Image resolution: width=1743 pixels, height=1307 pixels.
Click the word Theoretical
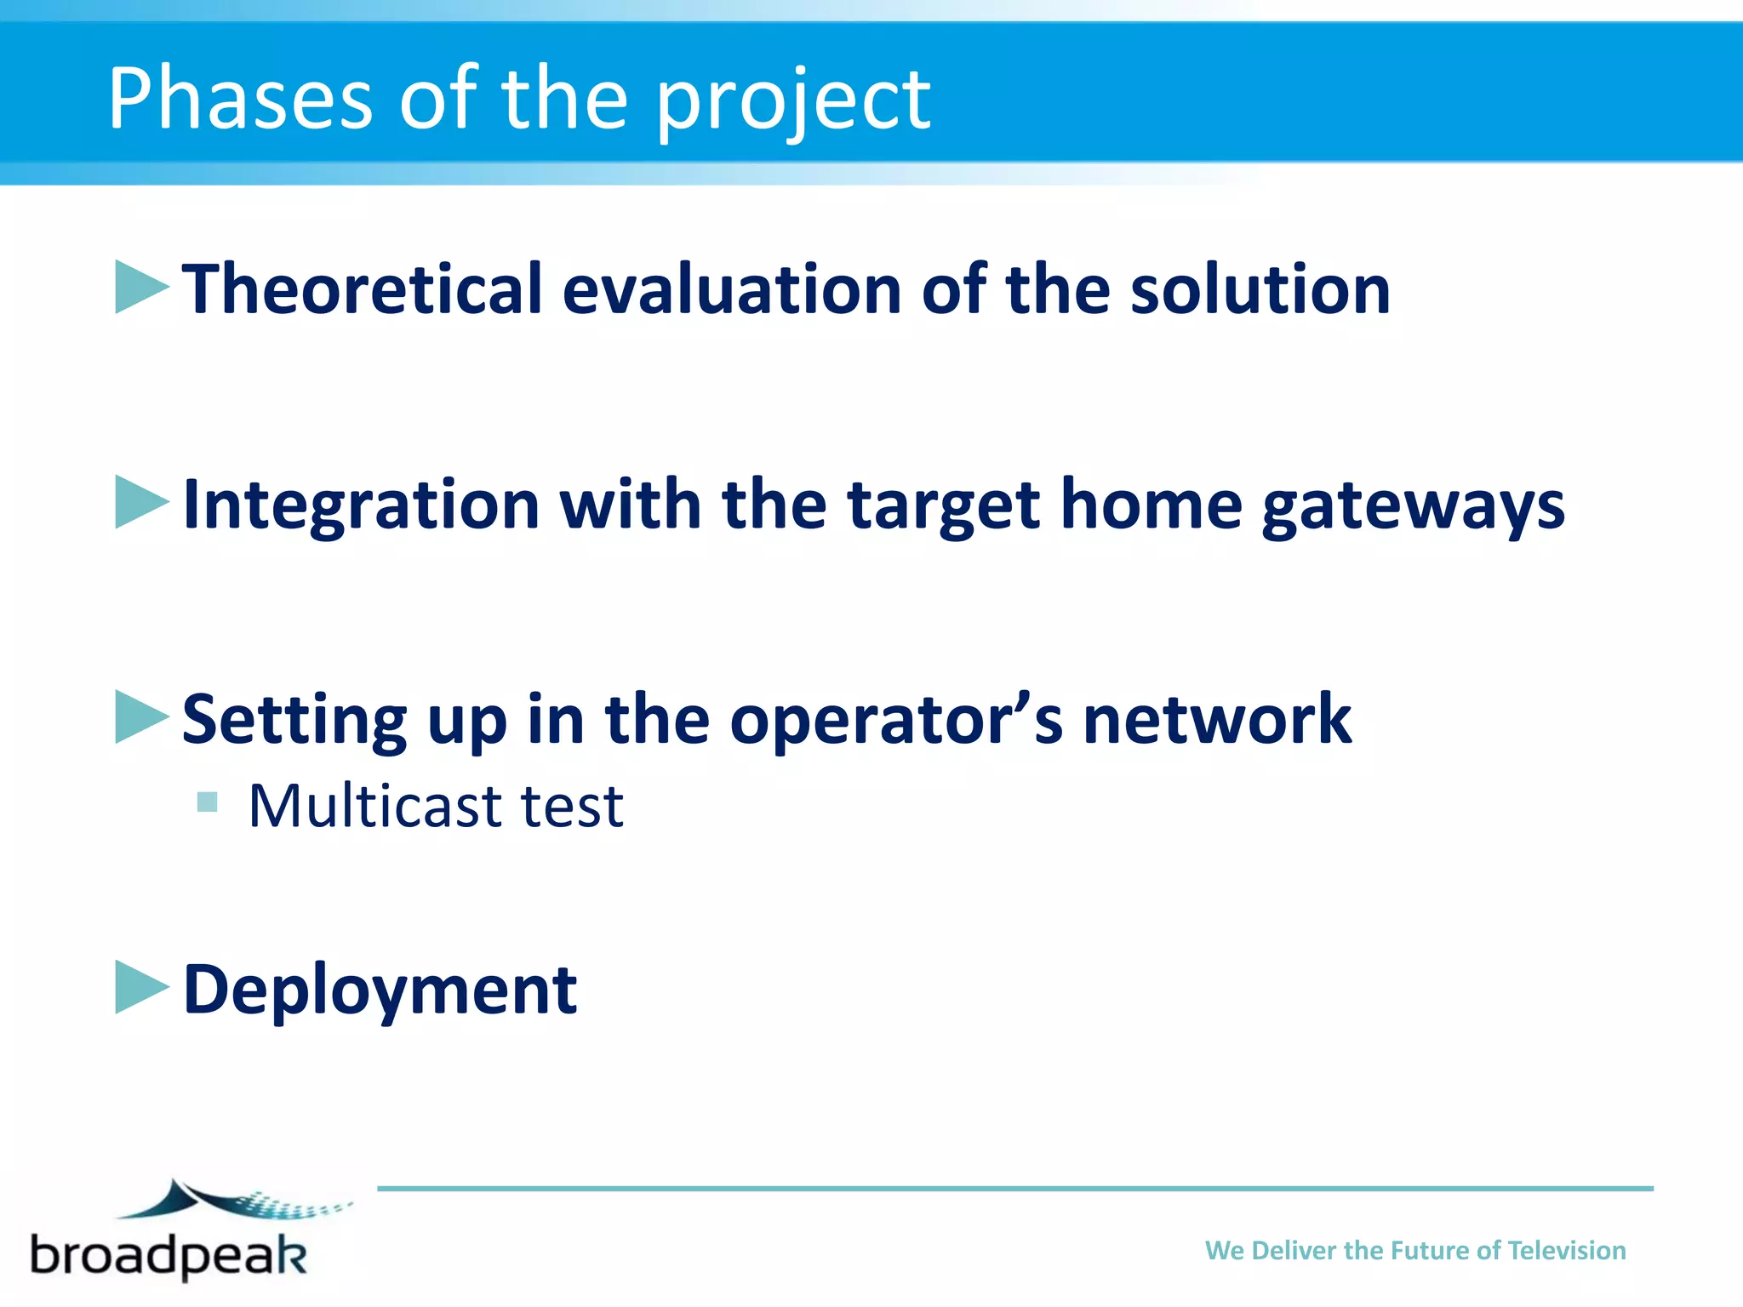coord(363,289)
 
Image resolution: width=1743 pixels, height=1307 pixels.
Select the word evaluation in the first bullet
coord(732,289)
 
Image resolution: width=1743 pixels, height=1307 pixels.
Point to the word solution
coord(1260,289)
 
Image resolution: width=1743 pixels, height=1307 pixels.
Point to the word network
coord(1217,720)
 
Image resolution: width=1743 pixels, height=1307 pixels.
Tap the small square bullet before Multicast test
coord(207,802)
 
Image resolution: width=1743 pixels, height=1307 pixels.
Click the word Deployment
coord(380,990)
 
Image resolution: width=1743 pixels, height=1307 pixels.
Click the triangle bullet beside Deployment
coord(140,987)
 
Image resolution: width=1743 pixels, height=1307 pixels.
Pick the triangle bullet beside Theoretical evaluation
coord(140,287)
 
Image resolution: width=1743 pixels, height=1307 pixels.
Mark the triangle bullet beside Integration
coord(140,502)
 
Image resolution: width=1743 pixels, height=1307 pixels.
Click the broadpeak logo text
coord(169,1254)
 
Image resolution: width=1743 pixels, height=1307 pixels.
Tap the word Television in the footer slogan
coord(1566,1250)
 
